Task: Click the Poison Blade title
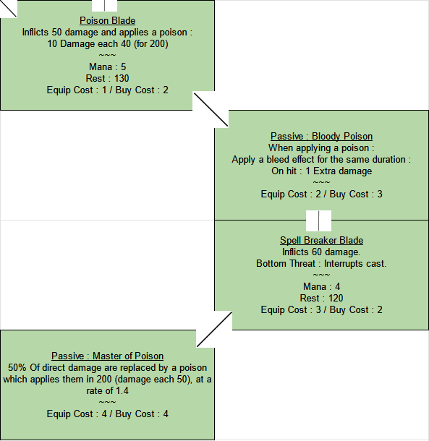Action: pos(108,20)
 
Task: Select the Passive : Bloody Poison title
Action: pos(321,136)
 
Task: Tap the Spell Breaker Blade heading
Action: pos(321,240)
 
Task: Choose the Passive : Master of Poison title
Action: pos(108,356)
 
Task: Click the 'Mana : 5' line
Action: pos(108,67)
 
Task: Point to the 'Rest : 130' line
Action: pos(108,79)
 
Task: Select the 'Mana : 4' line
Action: pos(321,286)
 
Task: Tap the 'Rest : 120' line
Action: pos(321,298)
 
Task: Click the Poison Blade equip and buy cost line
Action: pos(108,90)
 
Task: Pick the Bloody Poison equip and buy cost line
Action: pos(321,194)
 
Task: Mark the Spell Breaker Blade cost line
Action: pos(321,309)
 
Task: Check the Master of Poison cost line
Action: pos(108,414)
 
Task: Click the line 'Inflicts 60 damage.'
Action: pos(321,252)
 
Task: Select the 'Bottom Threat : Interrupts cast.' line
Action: pos(321,264)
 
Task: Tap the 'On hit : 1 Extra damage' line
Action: pos(321,171)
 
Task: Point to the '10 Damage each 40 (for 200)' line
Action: pos(108,44)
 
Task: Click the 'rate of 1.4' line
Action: pos(108,390)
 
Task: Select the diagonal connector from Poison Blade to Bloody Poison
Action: pos(211,110)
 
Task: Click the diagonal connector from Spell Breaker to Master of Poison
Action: pos(214,330)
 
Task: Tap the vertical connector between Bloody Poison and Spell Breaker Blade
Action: pos(318,220)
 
